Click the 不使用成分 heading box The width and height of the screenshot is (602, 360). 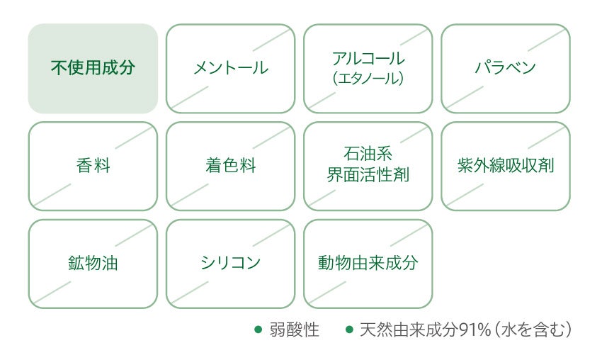(x=93, y=69)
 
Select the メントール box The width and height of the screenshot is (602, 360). (x=230, y=69)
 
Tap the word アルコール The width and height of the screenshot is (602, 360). (x=368, y=59)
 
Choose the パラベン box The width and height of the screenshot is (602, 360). (x=505, y=69)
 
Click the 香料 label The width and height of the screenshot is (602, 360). (x=93, y=167)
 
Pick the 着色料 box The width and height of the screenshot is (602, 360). (x=230, y=167)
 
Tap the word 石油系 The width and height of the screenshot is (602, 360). (x=368, y=154)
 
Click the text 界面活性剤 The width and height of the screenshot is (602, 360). (x=368, y=175)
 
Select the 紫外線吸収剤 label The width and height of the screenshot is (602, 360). (x=505, y=167)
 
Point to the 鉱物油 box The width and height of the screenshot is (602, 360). (x=93, y=264)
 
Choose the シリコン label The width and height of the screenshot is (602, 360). (x=230, y=264)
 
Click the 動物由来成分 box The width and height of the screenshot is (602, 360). (x=368, y=264)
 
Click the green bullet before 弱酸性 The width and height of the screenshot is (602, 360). (x=259, y=330)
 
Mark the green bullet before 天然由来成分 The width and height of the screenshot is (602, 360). (x=348, y=330)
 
